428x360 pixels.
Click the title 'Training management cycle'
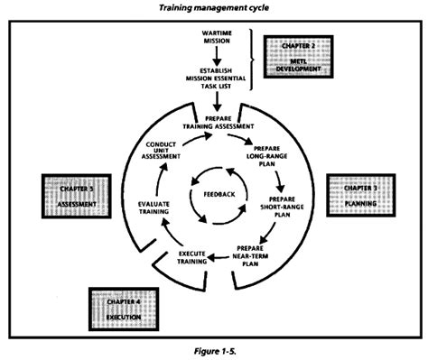tap(213, 7)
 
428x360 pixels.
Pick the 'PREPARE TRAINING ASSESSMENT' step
tap(214, 124)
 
